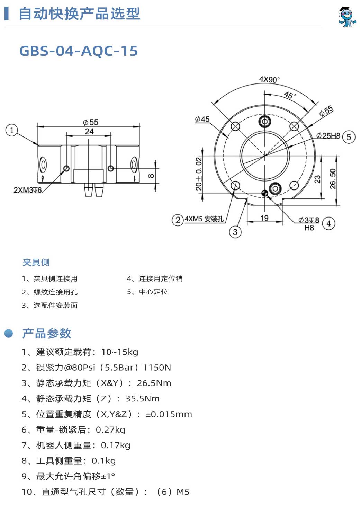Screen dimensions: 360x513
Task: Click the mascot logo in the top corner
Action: (347, 17)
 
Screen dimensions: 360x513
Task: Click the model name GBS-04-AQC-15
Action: (79, 51)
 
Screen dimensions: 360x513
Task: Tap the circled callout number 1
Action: (12, 131)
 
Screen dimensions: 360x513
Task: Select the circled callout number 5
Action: (349, 137)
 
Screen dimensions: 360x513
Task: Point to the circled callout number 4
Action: (328, 223)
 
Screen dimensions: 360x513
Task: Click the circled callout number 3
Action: (235, 232)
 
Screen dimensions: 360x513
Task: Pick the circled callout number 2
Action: (178, 220)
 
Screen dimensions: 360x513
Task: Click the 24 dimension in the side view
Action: (89, 132)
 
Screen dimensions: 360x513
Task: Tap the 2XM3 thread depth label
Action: (28, 190)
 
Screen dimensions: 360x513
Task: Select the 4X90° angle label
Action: (269, 79)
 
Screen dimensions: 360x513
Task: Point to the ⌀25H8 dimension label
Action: (328, 135)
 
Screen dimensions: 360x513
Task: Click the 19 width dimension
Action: (264, 218)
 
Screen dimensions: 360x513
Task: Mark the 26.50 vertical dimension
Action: (333, 179)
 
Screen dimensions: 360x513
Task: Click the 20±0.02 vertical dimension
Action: (199, 174)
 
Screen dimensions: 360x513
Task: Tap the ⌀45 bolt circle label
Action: (202, 119)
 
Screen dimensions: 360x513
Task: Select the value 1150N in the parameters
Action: (157, 368)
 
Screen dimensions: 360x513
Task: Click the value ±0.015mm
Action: (169, 414)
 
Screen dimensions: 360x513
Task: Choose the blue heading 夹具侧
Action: (36, 262)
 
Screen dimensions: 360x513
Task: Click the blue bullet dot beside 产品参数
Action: (9, 333)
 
